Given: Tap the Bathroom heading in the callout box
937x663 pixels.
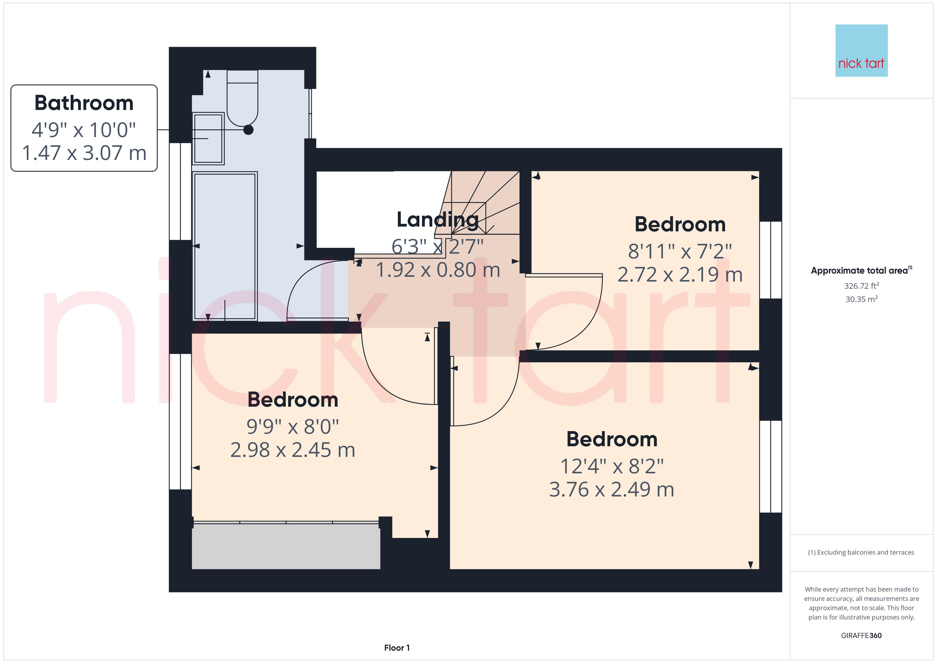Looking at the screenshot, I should click(x=84, y=103).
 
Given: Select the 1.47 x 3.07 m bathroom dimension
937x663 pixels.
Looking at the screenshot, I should click(x=84, y=153).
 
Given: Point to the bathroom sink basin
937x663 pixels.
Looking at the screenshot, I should click(x=208, y=138).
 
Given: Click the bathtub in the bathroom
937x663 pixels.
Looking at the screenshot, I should click(x=225, y=246).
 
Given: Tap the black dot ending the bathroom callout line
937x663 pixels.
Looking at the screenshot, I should click(x=248, y=130).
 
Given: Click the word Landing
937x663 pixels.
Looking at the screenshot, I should click(x=437, y=220).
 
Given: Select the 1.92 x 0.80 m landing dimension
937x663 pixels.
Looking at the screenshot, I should click(x=437, y=270).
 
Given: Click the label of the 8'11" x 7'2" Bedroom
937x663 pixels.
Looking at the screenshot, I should click(x=680, y=224).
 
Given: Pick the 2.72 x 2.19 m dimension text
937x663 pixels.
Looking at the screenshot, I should click(x=680, y=274).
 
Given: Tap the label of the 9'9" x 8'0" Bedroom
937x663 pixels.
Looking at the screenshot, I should click(x=293, y=400).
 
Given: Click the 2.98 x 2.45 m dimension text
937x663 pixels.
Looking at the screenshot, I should click(x=293, y=450).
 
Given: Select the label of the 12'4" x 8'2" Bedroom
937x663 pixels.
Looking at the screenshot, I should click(x=612, y=439).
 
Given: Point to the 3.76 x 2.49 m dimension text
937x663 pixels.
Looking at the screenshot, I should click(x=612, y=490).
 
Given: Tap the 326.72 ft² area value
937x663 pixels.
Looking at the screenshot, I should click(x=861, y=286).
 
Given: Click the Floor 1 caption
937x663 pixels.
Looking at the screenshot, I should click(x=397, y=648).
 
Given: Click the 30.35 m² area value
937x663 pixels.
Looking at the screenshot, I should click(x=861, y=299).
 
